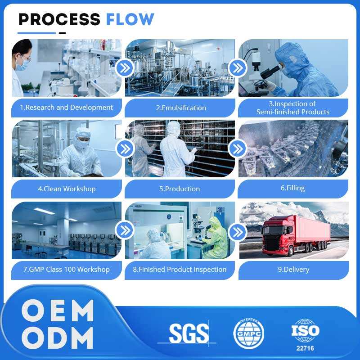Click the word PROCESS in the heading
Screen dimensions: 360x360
click(59, 19)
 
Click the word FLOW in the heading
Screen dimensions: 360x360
click(130, 19)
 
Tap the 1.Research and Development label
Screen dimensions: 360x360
click(67, 108)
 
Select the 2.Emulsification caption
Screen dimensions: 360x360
click(181, 108)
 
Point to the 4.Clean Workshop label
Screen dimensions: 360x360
click(67, 189)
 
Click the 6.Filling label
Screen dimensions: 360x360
click(292, 188)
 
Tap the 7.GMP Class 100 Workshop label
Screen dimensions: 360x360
click(67, 270)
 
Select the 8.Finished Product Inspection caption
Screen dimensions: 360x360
click(180, 270)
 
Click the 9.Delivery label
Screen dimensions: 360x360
click(293, 270)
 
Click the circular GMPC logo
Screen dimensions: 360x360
click(248, 334)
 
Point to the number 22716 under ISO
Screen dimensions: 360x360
click(306, 348)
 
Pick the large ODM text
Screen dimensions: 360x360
click(58, 338)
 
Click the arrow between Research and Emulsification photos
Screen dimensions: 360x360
click(124, 68)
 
